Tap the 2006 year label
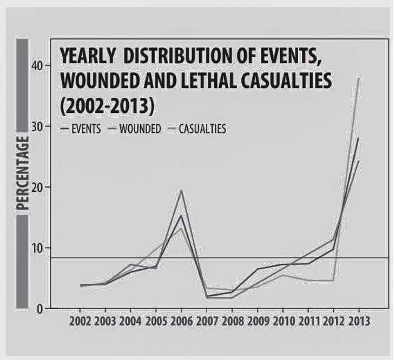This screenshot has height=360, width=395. click(183, 321)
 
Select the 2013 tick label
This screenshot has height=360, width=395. click(359, 321)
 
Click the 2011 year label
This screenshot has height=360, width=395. click(308, 321)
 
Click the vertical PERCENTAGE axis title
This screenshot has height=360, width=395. click(22, 176)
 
